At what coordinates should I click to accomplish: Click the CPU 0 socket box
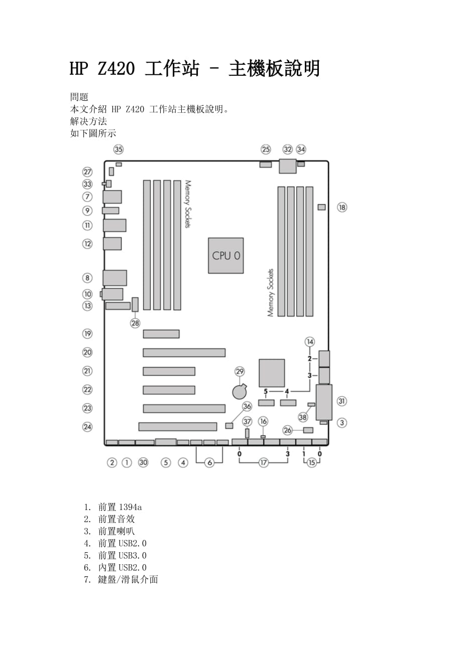(x=226, y=255)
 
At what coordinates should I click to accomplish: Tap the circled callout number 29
(x=240, y=372)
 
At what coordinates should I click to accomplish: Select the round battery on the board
(x=239, y=391)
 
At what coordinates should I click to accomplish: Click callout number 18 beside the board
(x=342, y=207)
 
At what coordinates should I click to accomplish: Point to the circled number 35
(x=119, y=149)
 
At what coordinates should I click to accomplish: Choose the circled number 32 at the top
(x=287, y=149)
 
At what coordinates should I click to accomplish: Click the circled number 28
(x=135, y=323)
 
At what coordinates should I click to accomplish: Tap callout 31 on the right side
(x=342, y=401)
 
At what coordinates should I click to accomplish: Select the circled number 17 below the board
(x=264, y=462)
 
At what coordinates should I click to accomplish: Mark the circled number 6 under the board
(x=210, y=462)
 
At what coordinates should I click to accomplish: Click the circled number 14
(x=310, y=342)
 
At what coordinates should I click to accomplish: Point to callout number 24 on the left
(x=88, y=427)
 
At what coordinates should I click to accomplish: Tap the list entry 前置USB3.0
(x=122, y=555)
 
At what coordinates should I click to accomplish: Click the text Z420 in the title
(x=116, y=69)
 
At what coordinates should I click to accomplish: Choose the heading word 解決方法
(x=88, y=121)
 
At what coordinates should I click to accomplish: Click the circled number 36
(x=247, y=406)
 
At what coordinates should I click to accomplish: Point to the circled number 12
(x=88, y=244)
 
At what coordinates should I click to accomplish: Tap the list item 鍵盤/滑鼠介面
(x=128, y=579)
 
